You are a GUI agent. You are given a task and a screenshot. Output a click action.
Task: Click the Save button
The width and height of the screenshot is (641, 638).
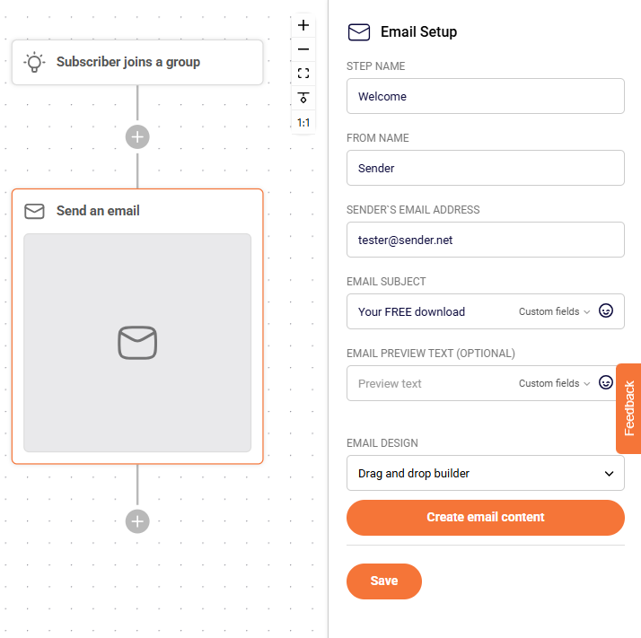[x=384, y=581]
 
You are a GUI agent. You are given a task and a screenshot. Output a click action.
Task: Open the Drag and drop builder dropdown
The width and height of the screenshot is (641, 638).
[x=486, y=473]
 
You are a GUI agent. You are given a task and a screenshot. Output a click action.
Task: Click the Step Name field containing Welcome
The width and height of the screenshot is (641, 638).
[x=486, y=96]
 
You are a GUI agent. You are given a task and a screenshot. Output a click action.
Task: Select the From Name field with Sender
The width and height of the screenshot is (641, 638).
[x=486, y=168]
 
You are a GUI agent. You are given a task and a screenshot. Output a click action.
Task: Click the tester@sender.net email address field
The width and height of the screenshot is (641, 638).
[x=486, y=240]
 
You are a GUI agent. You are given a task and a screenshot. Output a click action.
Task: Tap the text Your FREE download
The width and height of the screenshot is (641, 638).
[x=411, y=312]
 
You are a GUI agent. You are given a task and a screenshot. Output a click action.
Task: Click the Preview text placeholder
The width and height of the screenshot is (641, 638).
[x=390, y=384]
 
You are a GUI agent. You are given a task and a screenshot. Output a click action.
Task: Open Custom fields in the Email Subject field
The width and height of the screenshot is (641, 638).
[x=554, y=311]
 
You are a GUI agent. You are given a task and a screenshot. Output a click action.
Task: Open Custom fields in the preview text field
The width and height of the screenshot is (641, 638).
[x=554, y=383]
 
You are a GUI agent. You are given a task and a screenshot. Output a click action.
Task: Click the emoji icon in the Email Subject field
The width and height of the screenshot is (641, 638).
[x=606, y=310]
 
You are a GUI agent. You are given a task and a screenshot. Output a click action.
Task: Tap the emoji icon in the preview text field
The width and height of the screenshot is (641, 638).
[x=606, y=382]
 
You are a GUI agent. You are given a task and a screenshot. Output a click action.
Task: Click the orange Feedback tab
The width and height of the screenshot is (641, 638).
[x=628, y=408]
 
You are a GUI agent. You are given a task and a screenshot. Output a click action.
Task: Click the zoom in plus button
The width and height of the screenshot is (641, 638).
[x=303, y=25]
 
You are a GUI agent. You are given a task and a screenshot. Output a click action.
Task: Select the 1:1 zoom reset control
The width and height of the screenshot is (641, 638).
[x=303, y=123]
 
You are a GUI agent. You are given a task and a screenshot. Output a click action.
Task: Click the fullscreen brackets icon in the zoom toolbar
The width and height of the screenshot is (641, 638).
[x=303, y=74]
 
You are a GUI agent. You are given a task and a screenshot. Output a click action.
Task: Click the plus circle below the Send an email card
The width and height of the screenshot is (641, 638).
[x=137, y=521]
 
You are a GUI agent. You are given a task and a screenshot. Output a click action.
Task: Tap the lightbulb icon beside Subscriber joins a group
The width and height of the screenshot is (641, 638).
[x=34, y=62]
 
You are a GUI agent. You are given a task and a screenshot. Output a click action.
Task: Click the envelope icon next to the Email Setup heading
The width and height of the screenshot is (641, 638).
[x=359, y=32]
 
